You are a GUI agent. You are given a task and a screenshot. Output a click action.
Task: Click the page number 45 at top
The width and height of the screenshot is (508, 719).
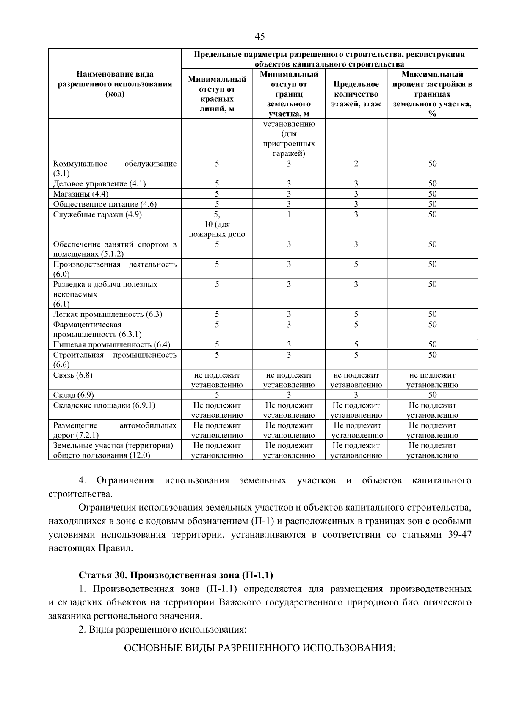click(260, 36)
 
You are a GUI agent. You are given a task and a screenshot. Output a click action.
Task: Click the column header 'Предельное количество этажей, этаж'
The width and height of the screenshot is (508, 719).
click(356, 94)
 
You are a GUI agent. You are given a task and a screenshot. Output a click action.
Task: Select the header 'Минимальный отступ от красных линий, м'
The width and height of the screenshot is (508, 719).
click(217, 94)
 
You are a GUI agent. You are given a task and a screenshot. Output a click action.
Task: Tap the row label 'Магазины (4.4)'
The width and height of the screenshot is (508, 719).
click(81, 194)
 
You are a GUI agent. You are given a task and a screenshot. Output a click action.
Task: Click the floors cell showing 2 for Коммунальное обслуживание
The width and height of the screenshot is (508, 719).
click(356, 164)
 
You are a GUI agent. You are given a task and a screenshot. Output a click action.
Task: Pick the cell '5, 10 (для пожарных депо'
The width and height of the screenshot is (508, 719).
click(217, 225)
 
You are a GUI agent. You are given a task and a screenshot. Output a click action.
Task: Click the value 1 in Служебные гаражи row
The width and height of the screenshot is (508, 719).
click(289, 214)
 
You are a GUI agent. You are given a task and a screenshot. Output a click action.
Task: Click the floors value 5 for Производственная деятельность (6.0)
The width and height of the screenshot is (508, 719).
click(356, 264)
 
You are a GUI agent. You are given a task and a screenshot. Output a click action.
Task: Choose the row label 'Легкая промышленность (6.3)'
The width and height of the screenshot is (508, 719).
click(108, 314)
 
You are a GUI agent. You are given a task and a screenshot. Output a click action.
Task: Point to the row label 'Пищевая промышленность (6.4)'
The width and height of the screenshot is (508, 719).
click(112, 344)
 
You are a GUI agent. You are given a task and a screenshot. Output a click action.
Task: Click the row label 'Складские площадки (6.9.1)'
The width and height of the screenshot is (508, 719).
click(104, 405)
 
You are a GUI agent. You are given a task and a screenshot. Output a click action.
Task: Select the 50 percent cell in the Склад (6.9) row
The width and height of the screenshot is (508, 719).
click(432, 395)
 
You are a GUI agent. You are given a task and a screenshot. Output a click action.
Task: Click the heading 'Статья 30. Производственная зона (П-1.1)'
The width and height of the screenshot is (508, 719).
click(176, 575)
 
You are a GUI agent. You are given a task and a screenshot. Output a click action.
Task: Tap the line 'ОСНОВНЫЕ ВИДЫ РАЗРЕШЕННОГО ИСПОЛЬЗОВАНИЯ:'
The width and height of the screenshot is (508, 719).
click(259, 649)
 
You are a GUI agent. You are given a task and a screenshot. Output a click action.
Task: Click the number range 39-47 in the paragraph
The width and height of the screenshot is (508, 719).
click(459, 535)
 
